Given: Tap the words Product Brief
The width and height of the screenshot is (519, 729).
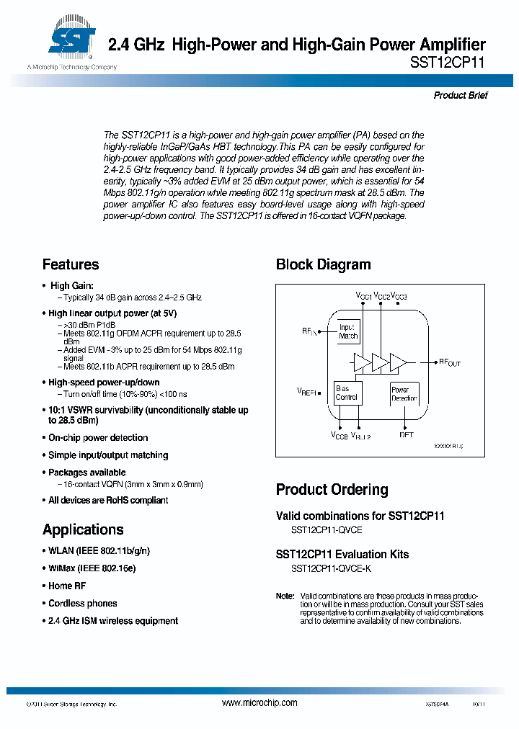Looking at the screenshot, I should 461,95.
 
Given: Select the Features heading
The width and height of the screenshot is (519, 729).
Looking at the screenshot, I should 71,264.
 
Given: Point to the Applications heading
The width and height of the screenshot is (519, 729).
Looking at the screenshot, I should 83,529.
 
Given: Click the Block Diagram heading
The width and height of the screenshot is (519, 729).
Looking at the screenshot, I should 323,264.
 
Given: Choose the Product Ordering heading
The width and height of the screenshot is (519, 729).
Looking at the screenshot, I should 332,490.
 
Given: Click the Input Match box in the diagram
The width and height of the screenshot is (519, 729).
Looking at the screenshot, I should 348,331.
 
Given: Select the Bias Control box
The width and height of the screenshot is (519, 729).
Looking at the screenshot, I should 347,393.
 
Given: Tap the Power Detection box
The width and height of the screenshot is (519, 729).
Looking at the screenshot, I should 404,394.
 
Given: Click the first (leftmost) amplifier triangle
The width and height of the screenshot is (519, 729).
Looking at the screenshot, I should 363,362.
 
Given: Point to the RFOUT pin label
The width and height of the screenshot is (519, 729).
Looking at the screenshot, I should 449,362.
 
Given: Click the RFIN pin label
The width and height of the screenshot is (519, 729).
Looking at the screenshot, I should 309,331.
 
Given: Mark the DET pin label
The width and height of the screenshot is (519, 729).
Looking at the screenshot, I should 407,435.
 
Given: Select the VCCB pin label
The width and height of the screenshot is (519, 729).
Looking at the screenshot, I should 339,436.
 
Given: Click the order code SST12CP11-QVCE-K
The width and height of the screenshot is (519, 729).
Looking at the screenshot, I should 332,569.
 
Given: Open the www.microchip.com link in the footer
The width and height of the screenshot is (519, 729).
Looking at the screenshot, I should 259,702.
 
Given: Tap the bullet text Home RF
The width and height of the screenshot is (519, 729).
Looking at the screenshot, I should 67,586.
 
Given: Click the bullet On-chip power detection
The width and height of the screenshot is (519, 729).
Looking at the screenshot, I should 98,438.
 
